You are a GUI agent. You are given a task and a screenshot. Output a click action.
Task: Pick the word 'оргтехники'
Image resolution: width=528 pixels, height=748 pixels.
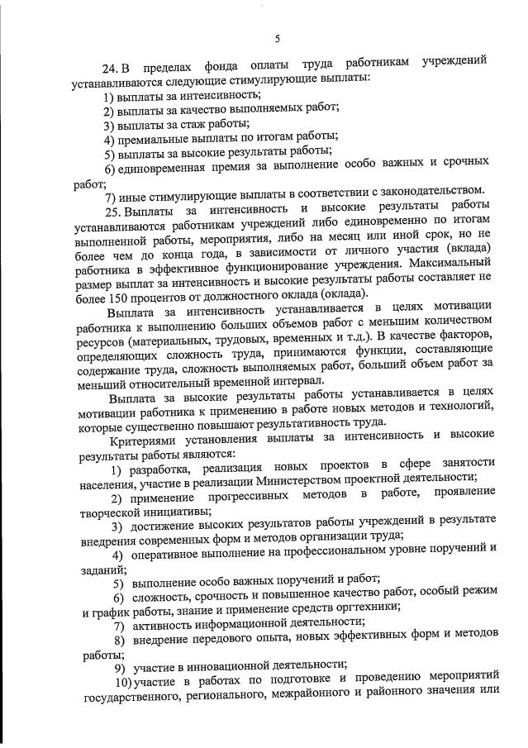click(x=364, y=607)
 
